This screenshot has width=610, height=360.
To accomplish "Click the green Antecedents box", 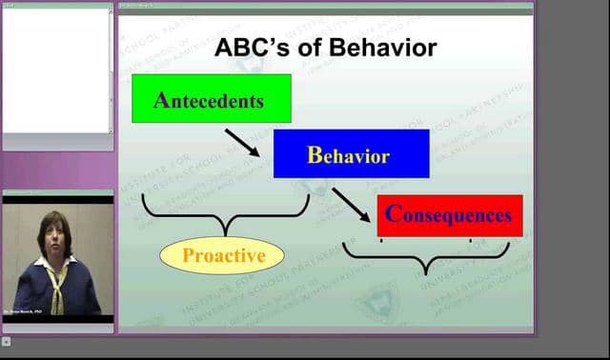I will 211,98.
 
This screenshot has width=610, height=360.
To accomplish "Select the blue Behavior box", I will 351,154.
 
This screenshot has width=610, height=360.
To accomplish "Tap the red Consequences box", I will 450,215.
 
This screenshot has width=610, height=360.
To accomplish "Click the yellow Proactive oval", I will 223,255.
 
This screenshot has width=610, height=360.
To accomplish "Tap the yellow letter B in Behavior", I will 314,155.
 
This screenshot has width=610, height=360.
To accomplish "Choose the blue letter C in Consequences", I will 392,214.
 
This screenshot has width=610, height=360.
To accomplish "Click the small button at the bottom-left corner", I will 6,341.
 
